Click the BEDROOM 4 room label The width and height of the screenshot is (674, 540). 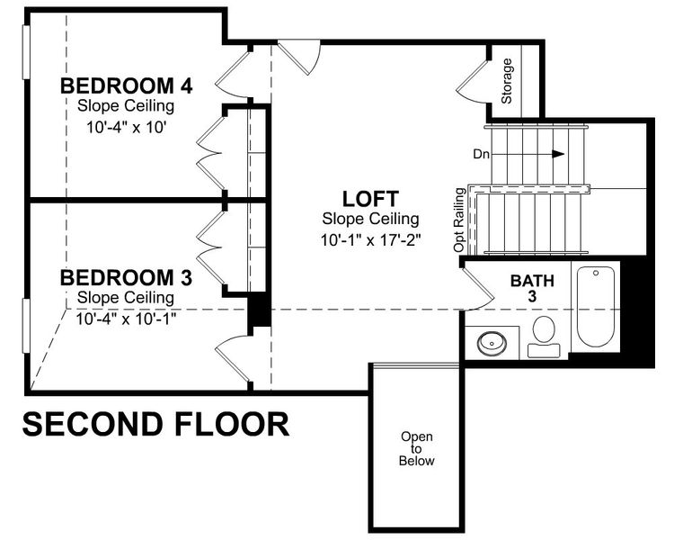(126, 86)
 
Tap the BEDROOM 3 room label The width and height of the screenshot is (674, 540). (126, 276)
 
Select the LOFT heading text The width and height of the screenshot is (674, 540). (369, 198)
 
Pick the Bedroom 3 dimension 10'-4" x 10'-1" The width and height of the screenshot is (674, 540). (126, 318)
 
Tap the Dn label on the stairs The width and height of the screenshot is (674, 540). (481, 154)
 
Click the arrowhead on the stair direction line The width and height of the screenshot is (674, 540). (558, 154)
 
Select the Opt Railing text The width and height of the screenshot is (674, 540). (460, 219)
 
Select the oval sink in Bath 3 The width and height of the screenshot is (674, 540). (492, 342)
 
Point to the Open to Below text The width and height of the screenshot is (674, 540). (418, 449)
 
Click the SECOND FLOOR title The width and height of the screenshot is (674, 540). (155, 423)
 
